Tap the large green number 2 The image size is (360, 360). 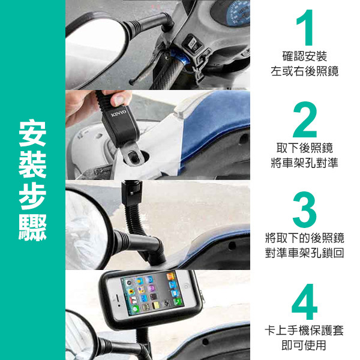(305, 119)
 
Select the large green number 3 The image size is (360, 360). (305, 209)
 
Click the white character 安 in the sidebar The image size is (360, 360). (32, 133)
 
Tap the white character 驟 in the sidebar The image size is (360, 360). (32, 227)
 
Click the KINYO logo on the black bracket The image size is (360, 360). (119, 113)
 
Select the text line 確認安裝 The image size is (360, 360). (305, 56)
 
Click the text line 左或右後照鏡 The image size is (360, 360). (305, 71)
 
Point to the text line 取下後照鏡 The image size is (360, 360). (305, 148)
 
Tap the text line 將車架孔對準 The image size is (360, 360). (305, 163)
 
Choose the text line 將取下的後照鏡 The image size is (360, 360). (305, 238)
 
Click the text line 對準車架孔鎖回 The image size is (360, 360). (305, 253)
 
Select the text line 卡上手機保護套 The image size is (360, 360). (304, 330)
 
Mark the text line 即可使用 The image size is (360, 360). (304, 345)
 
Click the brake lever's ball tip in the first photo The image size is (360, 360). (131, 82)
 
